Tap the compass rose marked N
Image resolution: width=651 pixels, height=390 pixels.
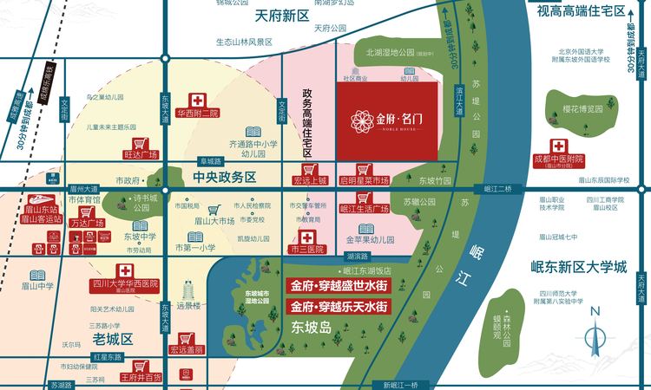tap(595, 334)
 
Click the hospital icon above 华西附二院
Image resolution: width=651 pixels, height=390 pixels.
tap(198, 99)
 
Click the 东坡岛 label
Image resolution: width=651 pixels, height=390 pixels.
tap(312, 328)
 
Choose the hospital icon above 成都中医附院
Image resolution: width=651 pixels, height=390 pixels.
tap(560, 146)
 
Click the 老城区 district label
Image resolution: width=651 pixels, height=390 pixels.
tap(112, 337)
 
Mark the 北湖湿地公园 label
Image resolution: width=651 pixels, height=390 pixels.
tap(396, 52)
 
